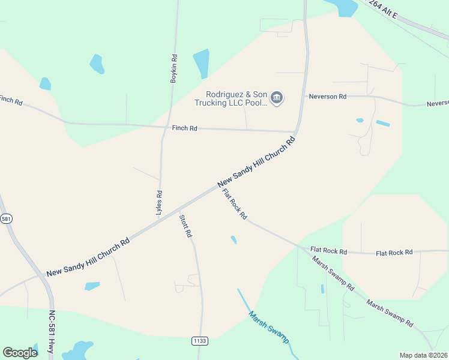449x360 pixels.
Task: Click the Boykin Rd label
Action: coord(174,68)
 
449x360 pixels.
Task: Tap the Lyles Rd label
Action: coord(159,203)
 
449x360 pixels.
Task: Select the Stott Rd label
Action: coord(185,226)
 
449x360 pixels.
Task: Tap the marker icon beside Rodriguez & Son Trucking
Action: coord(277,98)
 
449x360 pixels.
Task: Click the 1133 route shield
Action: coord(200,341)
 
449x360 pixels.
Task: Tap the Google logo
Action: coord(20,353)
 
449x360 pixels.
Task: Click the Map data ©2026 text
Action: coord(424,355)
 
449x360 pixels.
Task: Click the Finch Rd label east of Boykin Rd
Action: coord(184,128)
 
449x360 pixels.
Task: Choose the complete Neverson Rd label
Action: coord(327,96)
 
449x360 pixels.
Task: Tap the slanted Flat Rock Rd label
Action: coord(234,204)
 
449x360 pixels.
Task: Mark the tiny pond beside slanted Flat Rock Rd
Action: coord(234,240)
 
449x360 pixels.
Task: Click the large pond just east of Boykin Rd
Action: coord(201,64)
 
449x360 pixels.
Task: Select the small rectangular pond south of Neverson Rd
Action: coord(382,124)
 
